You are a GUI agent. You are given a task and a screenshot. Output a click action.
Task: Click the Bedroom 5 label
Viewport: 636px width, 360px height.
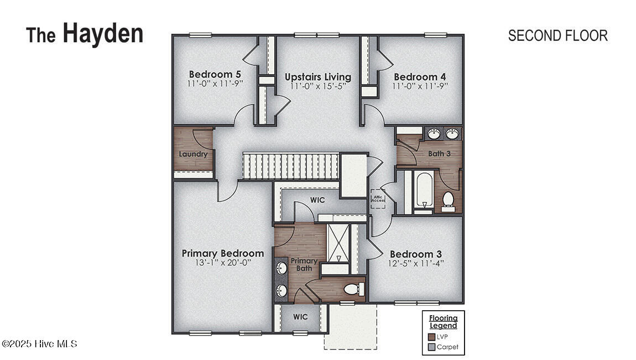215,75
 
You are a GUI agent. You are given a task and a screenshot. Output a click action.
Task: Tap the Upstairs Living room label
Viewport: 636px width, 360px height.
318,77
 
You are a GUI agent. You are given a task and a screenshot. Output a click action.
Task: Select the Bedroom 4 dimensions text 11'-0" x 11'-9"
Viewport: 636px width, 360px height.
420,86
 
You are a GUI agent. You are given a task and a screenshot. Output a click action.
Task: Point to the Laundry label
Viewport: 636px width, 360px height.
193,154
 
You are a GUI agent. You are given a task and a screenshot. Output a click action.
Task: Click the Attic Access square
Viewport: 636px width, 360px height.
378,199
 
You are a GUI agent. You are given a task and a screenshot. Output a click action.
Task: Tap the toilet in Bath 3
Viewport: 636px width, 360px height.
448,201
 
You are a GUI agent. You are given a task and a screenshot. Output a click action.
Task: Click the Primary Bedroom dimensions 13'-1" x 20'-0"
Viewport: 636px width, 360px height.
223,263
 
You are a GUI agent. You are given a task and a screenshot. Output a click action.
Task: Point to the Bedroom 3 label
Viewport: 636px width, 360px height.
416,254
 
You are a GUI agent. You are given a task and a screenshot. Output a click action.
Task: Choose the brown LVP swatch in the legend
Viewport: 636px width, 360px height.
431,337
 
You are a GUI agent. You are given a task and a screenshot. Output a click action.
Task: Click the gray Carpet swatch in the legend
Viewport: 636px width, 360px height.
431,347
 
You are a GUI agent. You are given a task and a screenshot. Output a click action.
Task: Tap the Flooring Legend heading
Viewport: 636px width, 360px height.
444,322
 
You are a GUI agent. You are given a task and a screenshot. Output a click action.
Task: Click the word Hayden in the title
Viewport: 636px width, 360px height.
103,33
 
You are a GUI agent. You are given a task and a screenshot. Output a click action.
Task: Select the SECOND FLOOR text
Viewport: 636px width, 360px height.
557,36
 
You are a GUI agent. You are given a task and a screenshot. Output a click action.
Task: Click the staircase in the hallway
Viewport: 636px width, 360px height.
291,166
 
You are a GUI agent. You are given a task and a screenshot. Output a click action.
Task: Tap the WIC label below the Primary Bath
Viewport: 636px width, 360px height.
300,317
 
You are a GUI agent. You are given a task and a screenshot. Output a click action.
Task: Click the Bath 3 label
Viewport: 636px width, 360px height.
439,154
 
